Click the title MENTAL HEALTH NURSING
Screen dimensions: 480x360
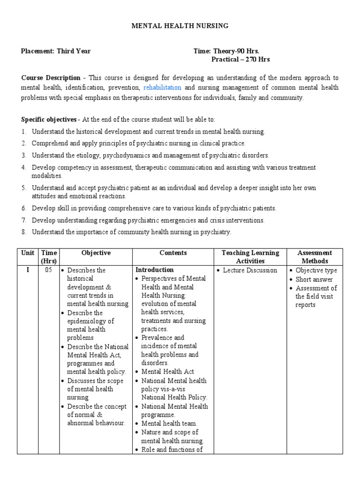pos(180,26)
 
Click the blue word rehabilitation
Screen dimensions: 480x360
pos(162,88)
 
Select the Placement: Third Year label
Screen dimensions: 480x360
pos(56,51)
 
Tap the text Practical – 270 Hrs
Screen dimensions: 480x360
pos(240,60)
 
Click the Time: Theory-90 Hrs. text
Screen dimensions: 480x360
pos(226,51)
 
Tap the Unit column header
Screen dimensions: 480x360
pos(28,253)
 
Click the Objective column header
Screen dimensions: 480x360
pos(96,253)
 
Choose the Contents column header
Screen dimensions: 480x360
pos(173,253)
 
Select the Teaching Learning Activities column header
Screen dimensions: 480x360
pos(250,257)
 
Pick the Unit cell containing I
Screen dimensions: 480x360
pos(28,270)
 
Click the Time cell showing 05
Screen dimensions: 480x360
pos(48,270)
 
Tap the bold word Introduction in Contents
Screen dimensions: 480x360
pos(154,270)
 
